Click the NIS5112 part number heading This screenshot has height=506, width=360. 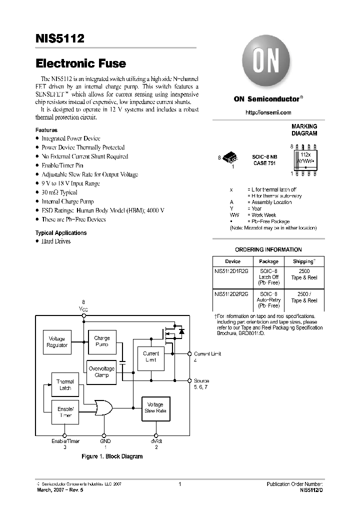click(x=60, y=38)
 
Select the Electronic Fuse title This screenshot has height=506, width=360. click(x=80, y=63)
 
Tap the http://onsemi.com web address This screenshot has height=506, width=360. click(x=268, y=112)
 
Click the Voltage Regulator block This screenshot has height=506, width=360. click(x=57, y=342)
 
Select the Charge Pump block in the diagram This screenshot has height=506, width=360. click(x=102, y=342)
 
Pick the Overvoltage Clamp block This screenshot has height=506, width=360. click(x=101, y=372)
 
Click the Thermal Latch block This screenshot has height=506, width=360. click(x=65, y=385)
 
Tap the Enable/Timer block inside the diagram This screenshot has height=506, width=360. click(x=65, y=412)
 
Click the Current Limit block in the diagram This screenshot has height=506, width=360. click(x=150, y=356)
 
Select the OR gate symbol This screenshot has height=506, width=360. click(x=104, y=408)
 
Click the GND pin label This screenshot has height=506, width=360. click(x=104, y=441)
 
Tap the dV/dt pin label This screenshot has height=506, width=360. click(x=156, y=441)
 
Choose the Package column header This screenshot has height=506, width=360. click(x=268, y=261)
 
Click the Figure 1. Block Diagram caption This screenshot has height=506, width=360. click(x=112, y=456)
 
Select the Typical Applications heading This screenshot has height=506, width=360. click(x=60, y=233)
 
